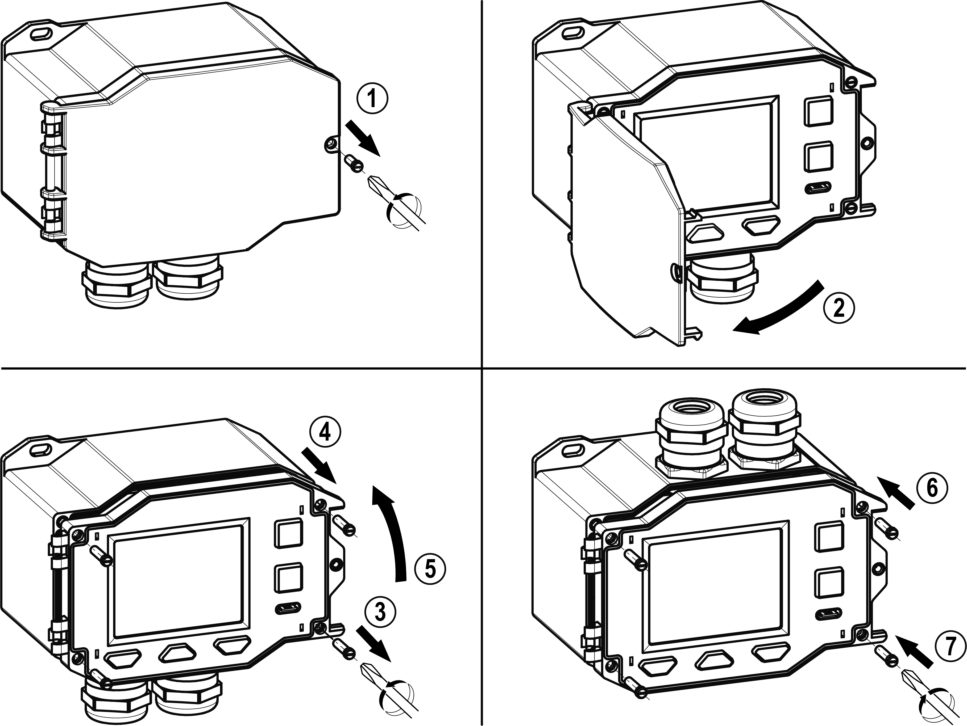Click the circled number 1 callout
[x=372, y=100]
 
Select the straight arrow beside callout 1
[x=364, y=138]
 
